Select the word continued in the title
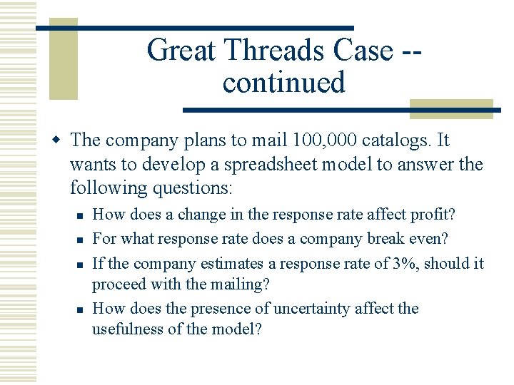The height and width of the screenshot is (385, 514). tap(283, 82)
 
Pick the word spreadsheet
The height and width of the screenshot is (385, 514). tap(261, 165)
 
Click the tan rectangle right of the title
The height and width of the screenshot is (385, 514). tap(450, 108)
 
